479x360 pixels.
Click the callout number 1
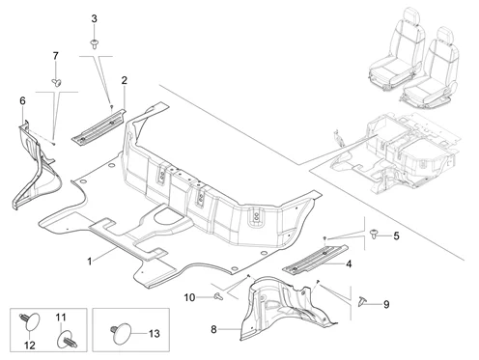pyautogui.click(x=90, y=261)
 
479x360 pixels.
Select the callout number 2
pyautogui.click(x=125, y=80)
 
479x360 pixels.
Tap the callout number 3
pyautogui.click(x=94, y=18)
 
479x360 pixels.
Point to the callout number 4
pyautogui.click(x=349, y=264)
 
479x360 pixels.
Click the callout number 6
pyautogui.click(x=22, y=101)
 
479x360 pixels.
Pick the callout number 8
pyautogui.click(x=213, y=329)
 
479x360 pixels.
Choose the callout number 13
pyautogui.click(x=155, y=334)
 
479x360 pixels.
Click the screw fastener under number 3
pyautogui.click(x=94, y=44)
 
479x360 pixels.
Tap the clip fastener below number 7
pyautogui.click(x=57, y=82)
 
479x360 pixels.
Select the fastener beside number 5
pyautogui.click(x=374, y=234)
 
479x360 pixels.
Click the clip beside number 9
pyautogui.click(x=362, y=301)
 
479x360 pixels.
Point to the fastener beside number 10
pyautogui.click(x=218, y=296)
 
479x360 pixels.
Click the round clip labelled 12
pyautogui.click(x=30, y=321)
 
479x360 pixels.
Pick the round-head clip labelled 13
pyautogui.click(x=121, y=334)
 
